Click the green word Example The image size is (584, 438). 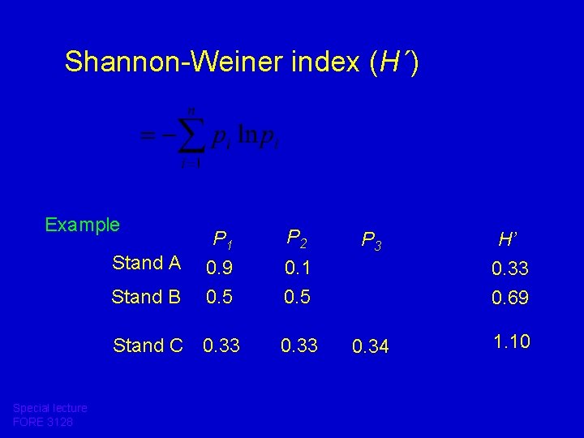click(83, 225)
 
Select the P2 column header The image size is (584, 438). click(297, 238)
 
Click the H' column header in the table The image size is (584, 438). click(509, 239)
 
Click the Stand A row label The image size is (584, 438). click(147, 263)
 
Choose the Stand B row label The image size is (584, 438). click(147, 297)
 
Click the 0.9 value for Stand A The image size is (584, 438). click(219, 266)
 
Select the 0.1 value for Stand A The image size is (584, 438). click(297, 266)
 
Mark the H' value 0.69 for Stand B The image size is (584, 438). click(510, 298)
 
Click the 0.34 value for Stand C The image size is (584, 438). click(371, 347)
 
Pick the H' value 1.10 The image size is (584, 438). click(511, 341)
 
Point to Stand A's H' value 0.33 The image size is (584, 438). click(510, 268)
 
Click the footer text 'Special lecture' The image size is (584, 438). click(50, 408)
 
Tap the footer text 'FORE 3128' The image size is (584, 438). click(43, 422)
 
